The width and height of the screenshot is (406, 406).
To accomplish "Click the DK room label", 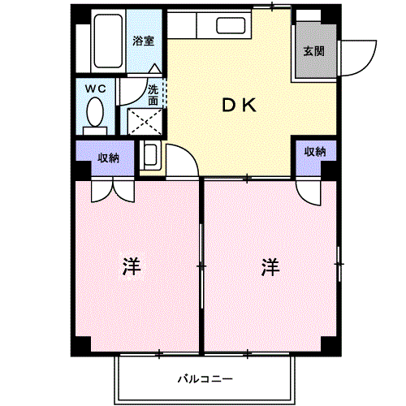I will [240, 105].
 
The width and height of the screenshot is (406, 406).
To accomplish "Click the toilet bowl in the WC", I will [95, 110].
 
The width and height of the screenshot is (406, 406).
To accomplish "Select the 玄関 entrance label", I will [314, 50].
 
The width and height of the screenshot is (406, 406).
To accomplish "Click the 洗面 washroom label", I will [153, 95].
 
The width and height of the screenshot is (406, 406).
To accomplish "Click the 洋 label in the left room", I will [131, 266].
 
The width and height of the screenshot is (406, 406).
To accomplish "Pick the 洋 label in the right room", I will [270, 266].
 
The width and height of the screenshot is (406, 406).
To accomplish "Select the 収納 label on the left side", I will [108, 158].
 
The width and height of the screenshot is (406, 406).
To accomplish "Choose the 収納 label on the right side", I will [315, 152].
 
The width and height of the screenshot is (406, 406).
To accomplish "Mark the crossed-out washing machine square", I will [143, 122].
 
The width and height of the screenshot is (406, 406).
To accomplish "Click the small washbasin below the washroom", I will [150, 154].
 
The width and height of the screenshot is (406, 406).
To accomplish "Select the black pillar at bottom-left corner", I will [79, 347].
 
